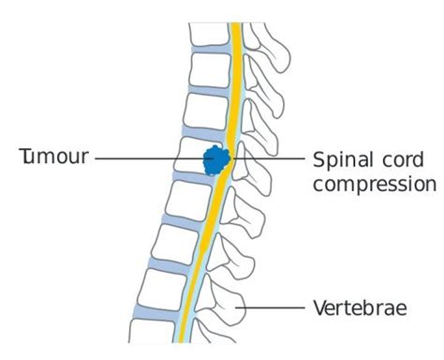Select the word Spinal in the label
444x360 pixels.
(337, 160)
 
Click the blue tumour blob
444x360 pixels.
(217, 160)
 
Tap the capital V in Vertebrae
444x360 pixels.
(317, 307)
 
